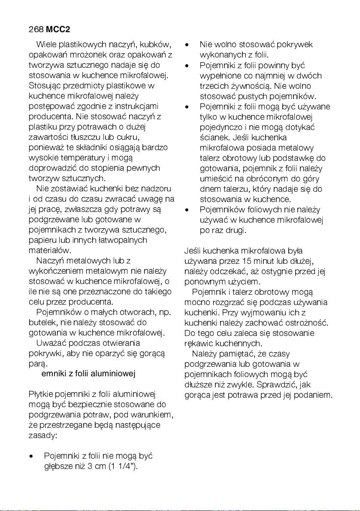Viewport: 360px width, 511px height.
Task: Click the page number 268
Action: click(36, 30)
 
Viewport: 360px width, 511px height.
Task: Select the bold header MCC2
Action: click(58, 30)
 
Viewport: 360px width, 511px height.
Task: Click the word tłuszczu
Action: click(84, 137)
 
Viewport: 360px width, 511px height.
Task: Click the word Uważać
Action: click(51, 343)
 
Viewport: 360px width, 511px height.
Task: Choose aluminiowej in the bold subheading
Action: click(114, 374)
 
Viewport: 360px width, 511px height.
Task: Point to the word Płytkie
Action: click(40, 395)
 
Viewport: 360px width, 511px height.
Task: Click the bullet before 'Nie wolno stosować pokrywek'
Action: click(187, 45)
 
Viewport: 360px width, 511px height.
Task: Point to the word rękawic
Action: click(198, 343)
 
